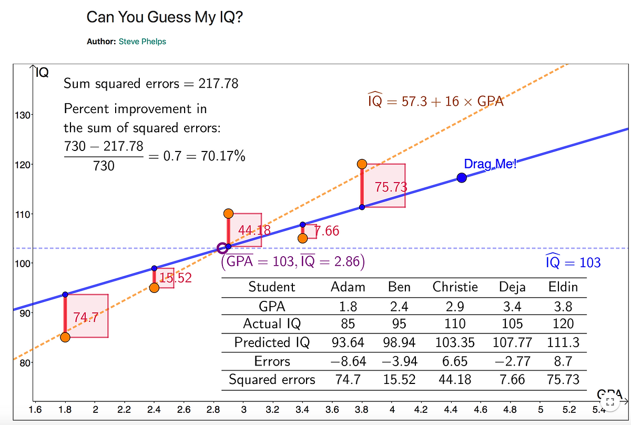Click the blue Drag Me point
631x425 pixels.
pyautogui.click(x=462, y=178)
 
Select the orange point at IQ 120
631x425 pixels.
pyautogui.click(x=362, y=164)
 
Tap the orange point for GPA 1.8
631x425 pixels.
pyautogui.click(x=65, y=337)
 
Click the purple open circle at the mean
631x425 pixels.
pyautogui.click(x=222, y=248)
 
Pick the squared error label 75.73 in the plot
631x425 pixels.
pyautogui.click(x=391, y=187)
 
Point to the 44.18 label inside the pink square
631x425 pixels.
pyautogui.click(x=254, y=230)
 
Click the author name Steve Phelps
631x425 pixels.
pyautogui.click(x=143, y=42)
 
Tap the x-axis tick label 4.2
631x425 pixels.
pyautogui.click(x=421, y=409)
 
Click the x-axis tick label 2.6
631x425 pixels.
pyautogui.click(x=184, y=409)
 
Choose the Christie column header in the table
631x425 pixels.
pyautogui.click(x=455, y=287)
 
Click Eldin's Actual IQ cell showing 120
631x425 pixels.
pyautogui.click(x=563, y=324)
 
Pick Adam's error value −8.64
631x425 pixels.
pyautogui.click(x=348, y=361)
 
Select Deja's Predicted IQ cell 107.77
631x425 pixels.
pyautogui.click(x=512, y=343)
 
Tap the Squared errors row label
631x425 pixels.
pyautogui.click(x=272, y=380)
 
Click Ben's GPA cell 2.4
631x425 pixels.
pyautogui.click(x=399, y=306)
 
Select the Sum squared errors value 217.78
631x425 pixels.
pyautogui.click(x=217, y=83)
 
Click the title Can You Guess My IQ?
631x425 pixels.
pyautogui.click(x=165, y=17)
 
